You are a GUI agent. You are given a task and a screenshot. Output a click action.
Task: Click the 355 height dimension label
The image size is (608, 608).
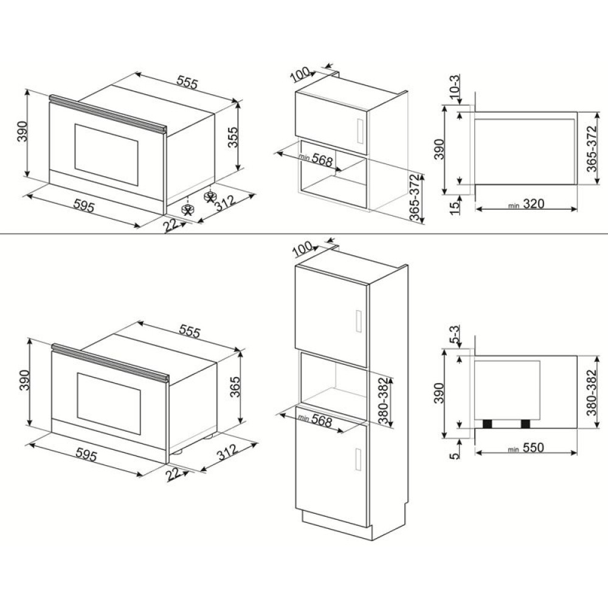click(232, 137)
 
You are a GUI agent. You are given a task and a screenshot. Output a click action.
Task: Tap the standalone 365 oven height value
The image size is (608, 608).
click(235, 387)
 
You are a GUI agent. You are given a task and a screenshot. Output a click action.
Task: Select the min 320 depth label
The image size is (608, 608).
click(527, 204)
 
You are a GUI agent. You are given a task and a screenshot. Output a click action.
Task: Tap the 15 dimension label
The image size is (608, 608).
click(454, 206)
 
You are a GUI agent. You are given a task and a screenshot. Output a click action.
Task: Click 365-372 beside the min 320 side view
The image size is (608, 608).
click(592, 148)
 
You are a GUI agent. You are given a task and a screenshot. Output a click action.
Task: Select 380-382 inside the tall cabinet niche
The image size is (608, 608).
click(382, 401)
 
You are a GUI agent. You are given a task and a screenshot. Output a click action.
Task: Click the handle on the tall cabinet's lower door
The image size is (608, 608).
click(359, 459)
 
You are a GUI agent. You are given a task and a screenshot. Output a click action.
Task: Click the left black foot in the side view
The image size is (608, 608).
click(486, 424)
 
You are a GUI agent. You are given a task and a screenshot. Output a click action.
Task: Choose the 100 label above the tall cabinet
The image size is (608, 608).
click(303, 249)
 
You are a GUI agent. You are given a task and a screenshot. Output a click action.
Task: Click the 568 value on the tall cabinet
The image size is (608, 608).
click(322, 422)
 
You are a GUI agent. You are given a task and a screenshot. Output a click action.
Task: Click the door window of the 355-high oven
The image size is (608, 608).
click(106, 154)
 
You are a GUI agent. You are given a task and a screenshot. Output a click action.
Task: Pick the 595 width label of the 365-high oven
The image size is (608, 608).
click(86, 454)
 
